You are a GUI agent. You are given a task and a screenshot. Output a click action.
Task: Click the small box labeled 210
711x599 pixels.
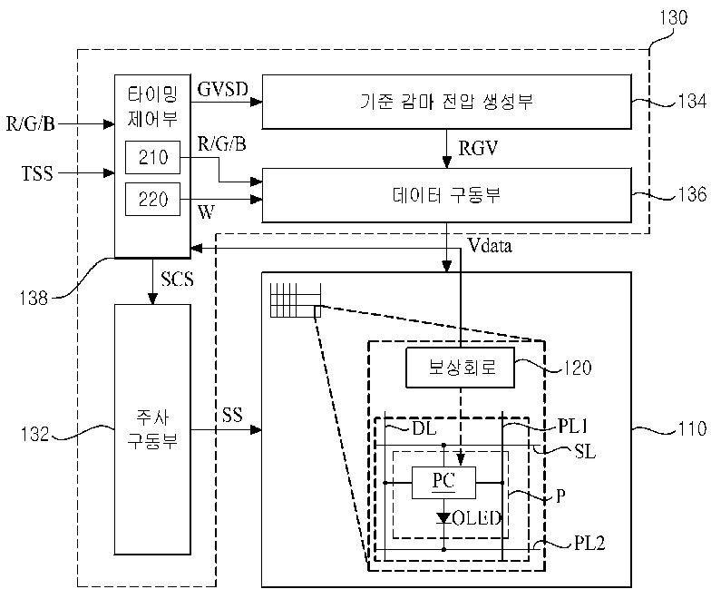152,158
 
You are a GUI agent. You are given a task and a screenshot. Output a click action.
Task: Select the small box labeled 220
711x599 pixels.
152,200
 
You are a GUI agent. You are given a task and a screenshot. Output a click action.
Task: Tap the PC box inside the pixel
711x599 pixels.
444,483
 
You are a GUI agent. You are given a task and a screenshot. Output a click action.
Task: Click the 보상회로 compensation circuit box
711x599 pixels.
461,368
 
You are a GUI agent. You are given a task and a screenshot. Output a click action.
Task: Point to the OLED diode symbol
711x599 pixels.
444,517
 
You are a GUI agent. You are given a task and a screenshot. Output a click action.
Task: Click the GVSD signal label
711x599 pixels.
223,89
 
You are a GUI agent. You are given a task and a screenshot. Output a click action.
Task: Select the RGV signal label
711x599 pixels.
478,149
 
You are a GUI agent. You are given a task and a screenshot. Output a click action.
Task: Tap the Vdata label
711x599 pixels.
490,246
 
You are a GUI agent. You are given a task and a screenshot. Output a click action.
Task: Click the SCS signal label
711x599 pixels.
178,279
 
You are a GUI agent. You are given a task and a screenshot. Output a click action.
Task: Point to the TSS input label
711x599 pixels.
37,173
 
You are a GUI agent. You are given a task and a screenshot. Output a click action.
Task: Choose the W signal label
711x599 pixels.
207,212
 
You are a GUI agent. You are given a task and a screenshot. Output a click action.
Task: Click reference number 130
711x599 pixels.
673,18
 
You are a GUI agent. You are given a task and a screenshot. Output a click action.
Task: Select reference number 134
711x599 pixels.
692,101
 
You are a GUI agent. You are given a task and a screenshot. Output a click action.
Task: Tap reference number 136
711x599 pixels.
692,194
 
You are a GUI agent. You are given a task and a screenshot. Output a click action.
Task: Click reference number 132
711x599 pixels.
34,434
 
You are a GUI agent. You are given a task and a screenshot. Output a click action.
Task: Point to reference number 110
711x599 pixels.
692,428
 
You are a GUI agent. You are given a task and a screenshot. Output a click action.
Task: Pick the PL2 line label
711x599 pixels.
589,543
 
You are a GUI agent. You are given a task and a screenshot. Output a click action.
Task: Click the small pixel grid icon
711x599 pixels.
296,300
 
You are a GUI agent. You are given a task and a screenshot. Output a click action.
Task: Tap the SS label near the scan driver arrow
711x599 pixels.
232,415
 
